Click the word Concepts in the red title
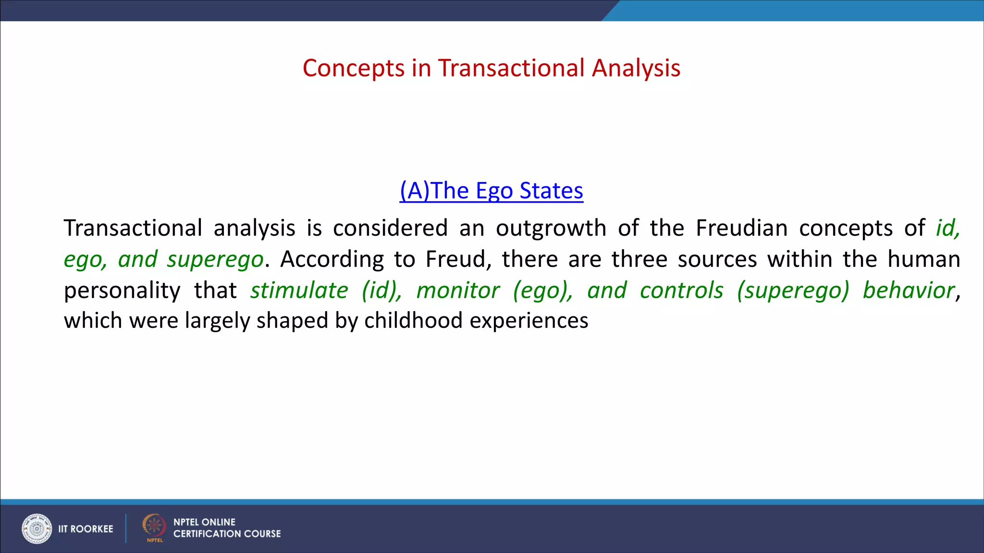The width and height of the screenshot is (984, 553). [353, 68]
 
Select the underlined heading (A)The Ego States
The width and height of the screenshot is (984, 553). [491, 191]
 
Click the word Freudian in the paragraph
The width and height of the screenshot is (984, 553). [741, 228]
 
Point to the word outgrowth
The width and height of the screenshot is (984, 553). [551, 228]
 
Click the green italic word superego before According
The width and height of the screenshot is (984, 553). [215, 260]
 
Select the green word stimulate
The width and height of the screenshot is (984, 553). [299, 290]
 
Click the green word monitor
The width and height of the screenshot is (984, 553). [457, 290]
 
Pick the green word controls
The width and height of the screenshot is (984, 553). [681, 290]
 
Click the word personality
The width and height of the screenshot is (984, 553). [122, 291]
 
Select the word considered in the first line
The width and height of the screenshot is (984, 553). [390, 228]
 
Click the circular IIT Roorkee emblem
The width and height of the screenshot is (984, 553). [37, 529]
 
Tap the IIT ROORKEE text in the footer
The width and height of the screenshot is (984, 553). [86, 529]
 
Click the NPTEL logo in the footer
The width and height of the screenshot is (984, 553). [154, 527]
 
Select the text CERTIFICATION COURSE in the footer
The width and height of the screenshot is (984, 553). [227, 534]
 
